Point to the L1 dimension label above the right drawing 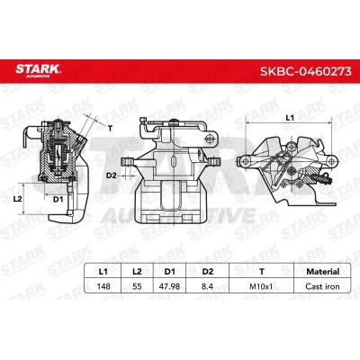click(289, 118)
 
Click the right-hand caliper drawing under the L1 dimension click(288, 162)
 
